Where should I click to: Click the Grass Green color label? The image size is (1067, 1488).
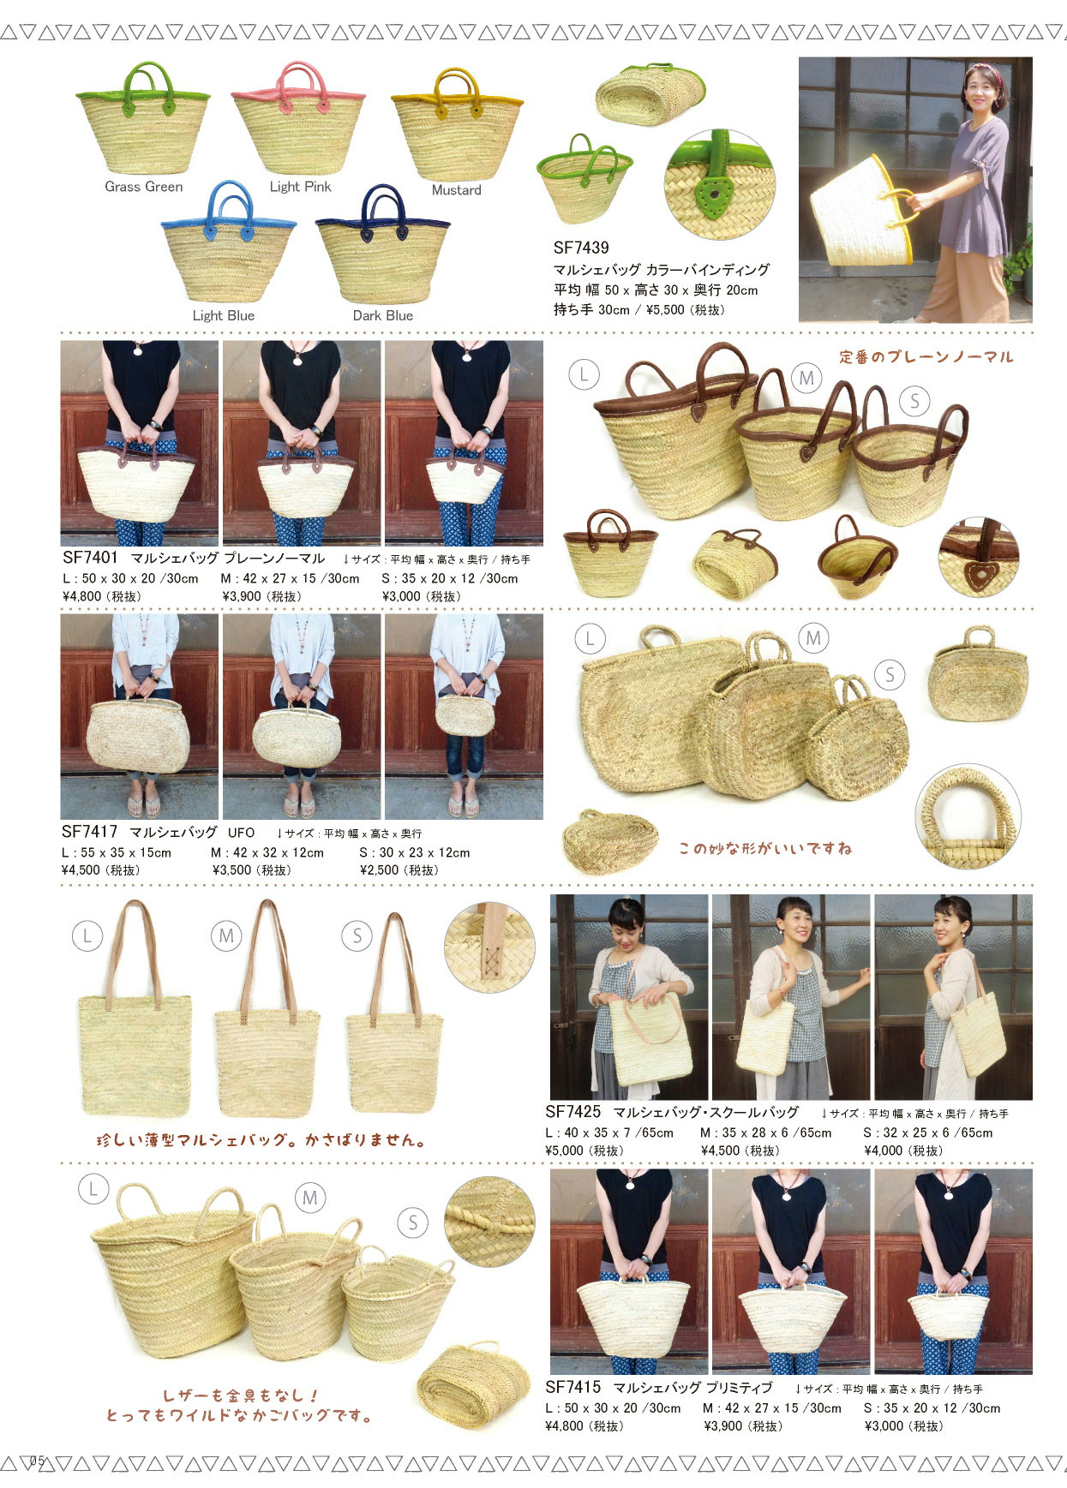143,187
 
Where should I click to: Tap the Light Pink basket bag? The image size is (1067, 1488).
298,117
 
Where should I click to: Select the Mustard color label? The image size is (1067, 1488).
456,190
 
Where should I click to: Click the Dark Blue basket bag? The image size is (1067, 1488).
382,244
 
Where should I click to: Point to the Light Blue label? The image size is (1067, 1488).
223,315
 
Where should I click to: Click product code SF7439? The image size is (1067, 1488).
581,248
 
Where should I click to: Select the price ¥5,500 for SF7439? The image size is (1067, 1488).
684,310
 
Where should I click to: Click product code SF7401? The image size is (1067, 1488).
90,558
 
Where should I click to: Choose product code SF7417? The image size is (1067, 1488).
89,832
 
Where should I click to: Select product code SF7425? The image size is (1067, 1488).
573,1112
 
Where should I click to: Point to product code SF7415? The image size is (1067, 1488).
573,1387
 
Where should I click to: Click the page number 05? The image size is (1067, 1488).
37,1461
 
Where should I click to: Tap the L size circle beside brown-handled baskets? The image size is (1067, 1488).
584,374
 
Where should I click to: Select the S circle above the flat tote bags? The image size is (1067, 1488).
357,936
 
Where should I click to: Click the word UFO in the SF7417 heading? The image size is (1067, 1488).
241,833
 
